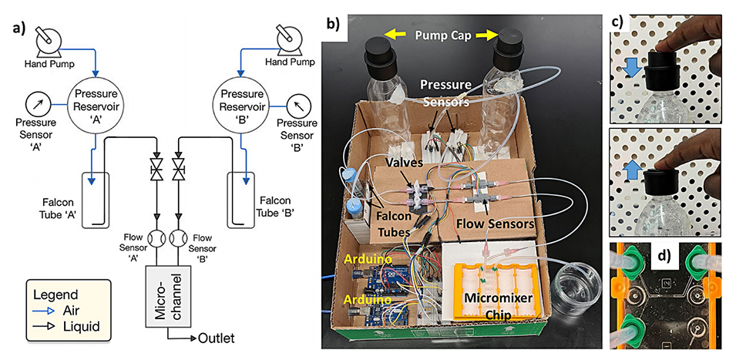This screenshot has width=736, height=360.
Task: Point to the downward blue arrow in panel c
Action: click(631, 69)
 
